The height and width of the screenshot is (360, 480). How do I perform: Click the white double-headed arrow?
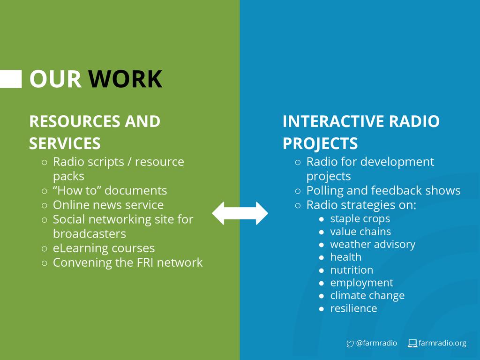(x=240, y=213)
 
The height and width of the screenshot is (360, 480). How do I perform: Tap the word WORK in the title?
(x=125, y=79)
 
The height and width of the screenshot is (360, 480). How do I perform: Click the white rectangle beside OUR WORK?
(x=10, y=79)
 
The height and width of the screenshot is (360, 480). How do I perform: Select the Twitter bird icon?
(x=350, y=344)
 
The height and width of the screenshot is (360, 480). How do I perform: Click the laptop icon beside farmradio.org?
(x=412, y=344)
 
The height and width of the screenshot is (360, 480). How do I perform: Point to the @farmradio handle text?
(x=376, y=343)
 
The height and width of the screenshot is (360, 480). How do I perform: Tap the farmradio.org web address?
(x=442, y=343)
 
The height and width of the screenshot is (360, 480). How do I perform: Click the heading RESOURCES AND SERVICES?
(x=94, y=132)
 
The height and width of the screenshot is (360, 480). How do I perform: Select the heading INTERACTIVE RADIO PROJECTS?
(x=361, y=132)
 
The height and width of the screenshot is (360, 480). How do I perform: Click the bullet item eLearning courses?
(x=104, y=248)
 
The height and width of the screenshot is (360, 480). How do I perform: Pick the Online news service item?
(x=108, y=205)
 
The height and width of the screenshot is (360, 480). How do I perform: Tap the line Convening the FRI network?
(x=127, y=262)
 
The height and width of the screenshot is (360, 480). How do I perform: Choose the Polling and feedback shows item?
(x=383, y=191)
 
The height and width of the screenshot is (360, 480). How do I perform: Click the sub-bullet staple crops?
(x=360, y=218)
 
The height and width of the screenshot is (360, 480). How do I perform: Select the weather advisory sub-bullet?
(x=373, y=244)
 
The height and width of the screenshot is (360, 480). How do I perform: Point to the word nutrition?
(x=352, y=270)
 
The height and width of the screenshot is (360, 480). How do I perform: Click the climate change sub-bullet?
(x=367, y=296)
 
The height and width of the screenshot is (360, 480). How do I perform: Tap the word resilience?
(x=353, y=308)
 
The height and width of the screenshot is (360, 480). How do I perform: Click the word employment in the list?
(x=361, y=283)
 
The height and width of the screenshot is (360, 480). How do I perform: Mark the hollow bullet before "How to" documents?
(x=44, y=191)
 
